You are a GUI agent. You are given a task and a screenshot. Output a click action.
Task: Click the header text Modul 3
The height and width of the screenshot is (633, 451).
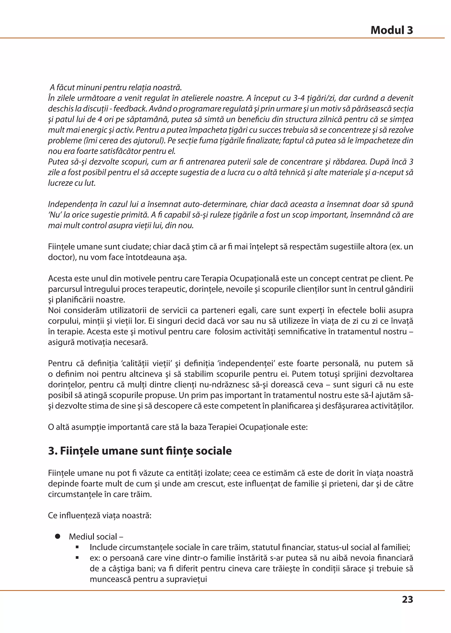coord(392,30)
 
